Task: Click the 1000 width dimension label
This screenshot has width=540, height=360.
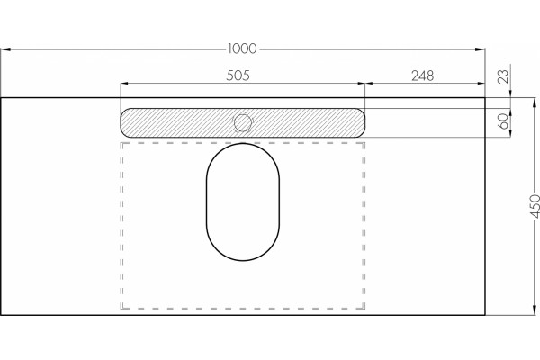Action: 242,49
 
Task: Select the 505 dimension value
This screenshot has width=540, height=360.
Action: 238,76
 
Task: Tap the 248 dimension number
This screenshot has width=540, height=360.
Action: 423,76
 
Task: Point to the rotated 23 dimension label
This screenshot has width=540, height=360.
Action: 503,76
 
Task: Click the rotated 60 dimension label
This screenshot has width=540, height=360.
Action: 503,121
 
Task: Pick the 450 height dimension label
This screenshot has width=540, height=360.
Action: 535,206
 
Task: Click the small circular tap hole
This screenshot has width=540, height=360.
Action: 243,123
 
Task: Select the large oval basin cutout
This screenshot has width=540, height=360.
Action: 243,202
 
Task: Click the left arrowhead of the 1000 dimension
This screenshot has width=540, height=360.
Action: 6,49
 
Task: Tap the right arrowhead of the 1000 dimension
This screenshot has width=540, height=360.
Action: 480,49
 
